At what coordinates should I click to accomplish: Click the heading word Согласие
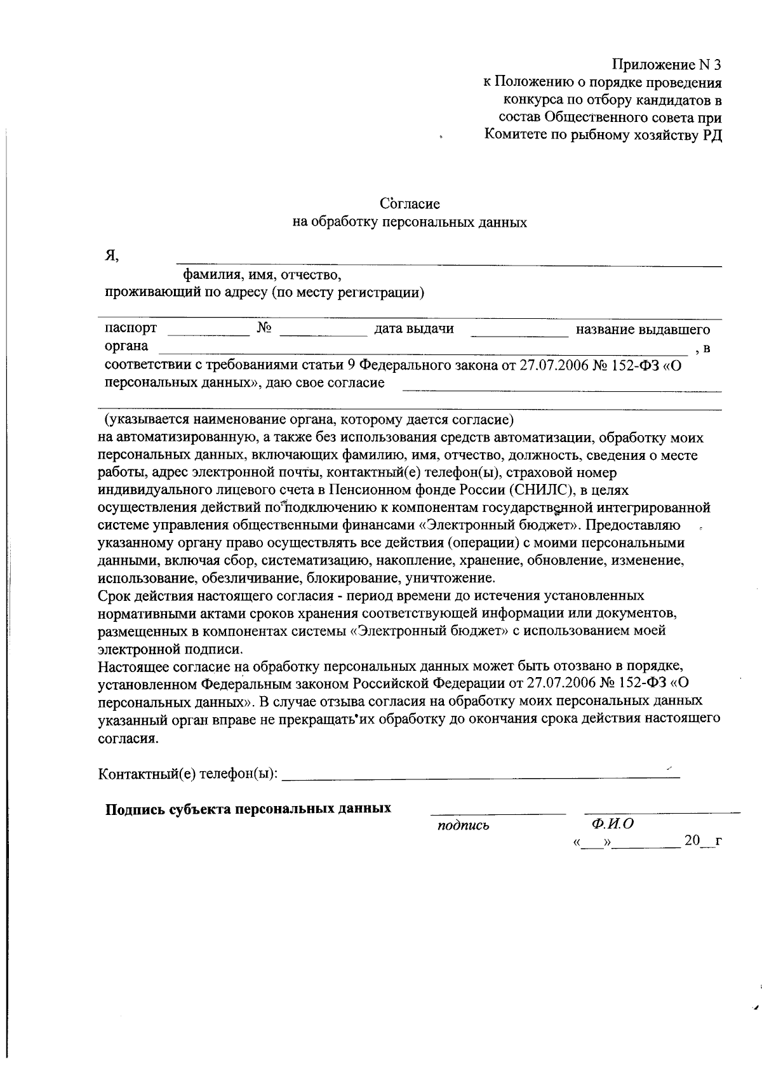(x=410, y=204)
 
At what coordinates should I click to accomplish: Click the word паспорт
(x=131, y=328)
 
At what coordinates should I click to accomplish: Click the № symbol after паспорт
(x=265, y=328)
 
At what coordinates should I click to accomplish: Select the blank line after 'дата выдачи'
(x=519, y=333)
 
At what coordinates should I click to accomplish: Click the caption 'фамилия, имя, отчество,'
(x=262, y=275)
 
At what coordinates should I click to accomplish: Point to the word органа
(x=126, y=346)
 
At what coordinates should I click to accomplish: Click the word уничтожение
(x=444, y=578)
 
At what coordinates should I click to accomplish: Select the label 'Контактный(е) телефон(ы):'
(x=188, y=774)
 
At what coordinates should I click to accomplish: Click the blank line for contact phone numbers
(x=480, y=776)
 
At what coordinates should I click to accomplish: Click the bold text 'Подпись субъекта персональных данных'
(x=248, y=809)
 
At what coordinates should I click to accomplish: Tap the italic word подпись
(x=463, y=826)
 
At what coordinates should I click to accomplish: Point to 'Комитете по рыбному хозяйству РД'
(x=603, y=135)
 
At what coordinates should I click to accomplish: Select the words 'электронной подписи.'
(x=170, y=649)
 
